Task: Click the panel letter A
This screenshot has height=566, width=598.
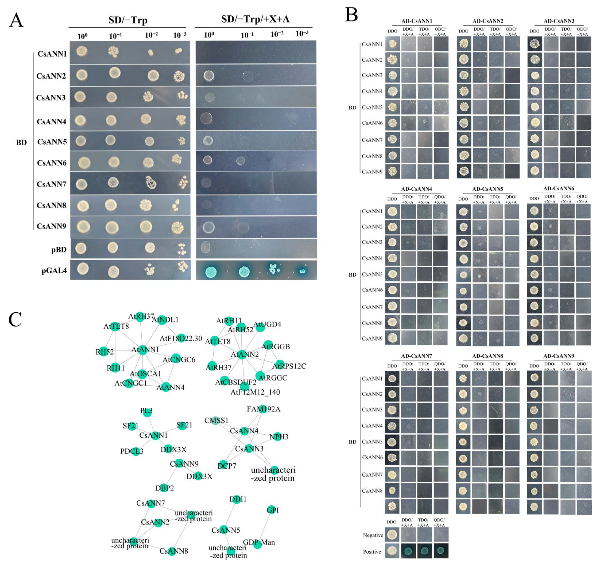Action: [16, 20]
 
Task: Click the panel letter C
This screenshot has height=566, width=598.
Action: [15, 319]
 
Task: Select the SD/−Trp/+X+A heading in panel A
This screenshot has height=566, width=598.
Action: [255, 19]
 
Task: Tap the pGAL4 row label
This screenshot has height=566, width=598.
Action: [54, 270]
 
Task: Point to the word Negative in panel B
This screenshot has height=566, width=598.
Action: [373, 535]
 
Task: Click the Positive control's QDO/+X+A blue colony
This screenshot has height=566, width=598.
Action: [441, 551]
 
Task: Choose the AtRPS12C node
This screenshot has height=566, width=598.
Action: [280, 364]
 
